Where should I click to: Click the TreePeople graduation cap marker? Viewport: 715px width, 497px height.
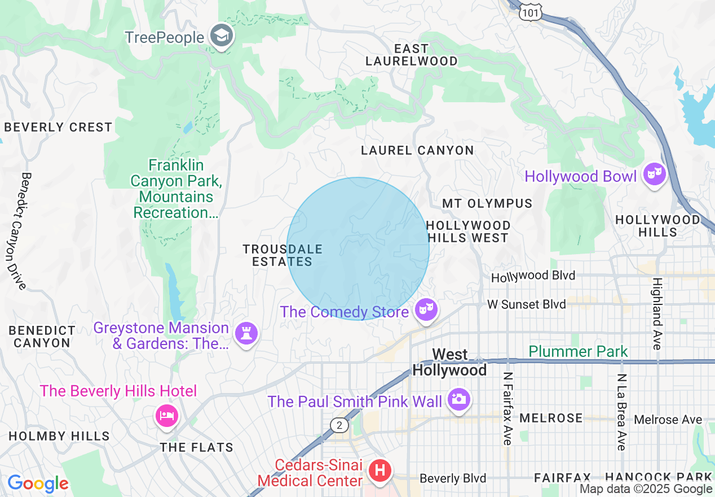[x=222, y=36]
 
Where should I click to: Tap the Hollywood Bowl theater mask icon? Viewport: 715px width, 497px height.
[x=654, y=175]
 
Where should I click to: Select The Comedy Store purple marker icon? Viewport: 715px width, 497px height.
[x=426, y=310]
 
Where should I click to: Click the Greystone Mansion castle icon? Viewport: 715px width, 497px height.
[x=246, y=334]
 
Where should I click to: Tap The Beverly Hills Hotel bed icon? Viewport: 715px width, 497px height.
[x=167, y=416]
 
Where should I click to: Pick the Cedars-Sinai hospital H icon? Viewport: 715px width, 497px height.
[x=379, y=470]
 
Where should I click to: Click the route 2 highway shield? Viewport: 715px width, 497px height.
[x=339, y=426]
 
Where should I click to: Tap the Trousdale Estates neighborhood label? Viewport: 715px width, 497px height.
[x=282, y=255]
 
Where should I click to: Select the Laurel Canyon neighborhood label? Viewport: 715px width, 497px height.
[x=417, y=150]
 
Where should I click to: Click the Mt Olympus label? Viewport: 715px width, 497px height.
[x=487, y=203]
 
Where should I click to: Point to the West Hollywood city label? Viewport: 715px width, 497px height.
[x=449, y=362]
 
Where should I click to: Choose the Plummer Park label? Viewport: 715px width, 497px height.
[x=578, y=352]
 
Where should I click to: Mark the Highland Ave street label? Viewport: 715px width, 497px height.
[x=657, y=313]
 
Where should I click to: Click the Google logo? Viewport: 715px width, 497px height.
[x=38, y=483]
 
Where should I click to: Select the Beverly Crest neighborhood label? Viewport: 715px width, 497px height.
[x=58, y=127]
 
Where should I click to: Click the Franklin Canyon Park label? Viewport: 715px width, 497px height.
[x=174, y=189]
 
